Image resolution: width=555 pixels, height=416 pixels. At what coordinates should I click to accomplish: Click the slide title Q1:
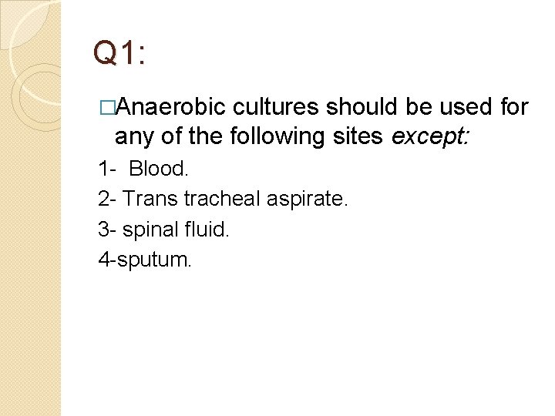[x=119, y=53]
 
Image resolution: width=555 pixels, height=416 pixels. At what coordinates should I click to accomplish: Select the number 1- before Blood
[x=106, y=168]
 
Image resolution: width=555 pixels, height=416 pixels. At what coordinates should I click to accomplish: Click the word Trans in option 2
[x=151, y=200]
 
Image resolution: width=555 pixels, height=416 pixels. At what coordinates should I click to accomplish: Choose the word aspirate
[x=308, y=200]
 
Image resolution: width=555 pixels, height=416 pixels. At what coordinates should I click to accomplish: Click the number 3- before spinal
[x=106, y=230]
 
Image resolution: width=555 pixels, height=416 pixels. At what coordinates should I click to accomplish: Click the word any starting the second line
[x=132, y=137]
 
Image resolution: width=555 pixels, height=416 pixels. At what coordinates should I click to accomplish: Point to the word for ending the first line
[x=514, y=106]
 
